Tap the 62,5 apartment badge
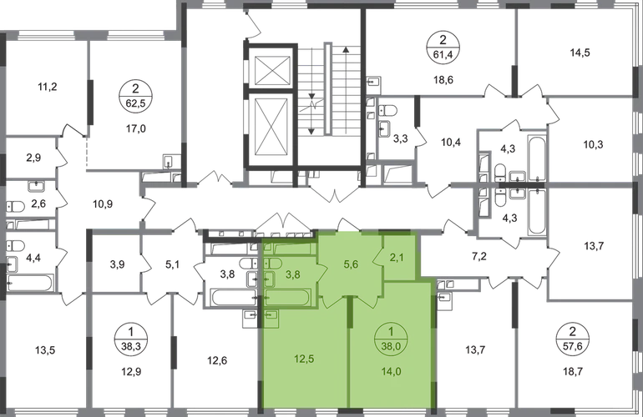136,96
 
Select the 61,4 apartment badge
443,47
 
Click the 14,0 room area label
391,372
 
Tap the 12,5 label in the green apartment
304,359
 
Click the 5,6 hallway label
351,264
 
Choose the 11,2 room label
47,87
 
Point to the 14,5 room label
580,53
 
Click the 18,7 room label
573,372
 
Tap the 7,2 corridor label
479,257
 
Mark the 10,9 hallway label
103,203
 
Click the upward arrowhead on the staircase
346,50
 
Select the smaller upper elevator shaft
272,69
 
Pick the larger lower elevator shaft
272,130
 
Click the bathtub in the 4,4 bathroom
30,283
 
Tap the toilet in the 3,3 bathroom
388,110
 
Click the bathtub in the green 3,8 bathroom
288,298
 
